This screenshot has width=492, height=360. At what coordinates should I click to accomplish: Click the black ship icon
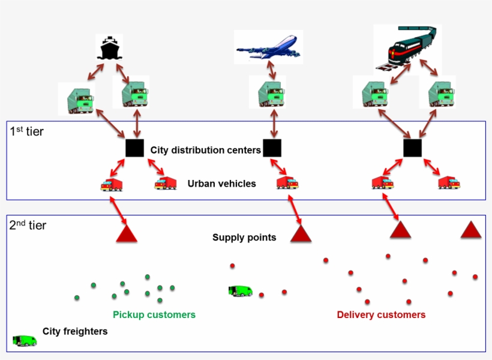pyautogui.click(x=109, y=48)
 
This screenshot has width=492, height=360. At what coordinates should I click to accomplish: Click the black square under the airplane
pyautogui.click(x=272, y=148)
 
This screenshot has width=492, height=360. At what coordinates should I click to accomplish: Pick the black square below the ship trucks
pyautogui.click(x=134, y=148)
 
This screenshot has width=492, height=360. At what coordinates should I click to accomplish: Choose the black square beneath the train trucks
pyautogui.click(x=412, y=148)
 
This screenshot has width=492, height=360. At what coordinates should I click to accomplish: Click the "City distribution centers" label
pyautogui.click(x=205, y=150)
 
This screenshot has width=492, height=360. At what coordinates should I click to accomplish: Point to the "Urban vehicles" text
pyautogui.click(x=221, y=184)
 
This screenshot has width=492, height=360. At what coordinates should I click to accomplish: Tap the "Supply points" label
pyautogui.click(x=244, y=238)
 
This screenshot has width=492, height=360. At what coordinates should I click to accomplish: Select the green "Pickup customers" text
pyautogui.click(x=154, y=314)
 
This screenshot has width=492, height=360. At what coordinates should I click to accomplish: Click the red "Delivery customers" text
pyautogui.click(x=381, y=314)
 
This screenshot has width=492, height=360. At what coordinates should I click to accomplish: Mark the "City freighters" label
pyautogui.click(x=75, y=331)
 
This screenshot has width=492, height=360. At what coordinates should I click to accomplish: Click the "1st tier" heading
pyautogui.click(x=27, y=131)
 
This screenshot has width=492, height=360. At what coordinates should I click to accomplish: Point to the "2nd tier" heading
pyautogui.click(x=28, y=226)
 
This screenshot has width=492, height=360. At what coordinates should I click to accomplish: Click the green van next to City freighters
pyautogui.click(x=25, y=341)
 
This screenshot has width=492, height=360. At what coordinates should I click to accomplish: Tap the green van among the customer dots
pyautogui.click(x=240, y=291)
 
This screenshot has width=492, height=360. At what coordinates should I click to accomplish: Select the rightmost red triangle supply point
pyautogui.click(x=471, y=230)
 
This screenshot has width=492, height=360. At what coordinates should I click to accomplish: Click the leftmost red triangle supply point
pyautogui.click(x=127, y=232)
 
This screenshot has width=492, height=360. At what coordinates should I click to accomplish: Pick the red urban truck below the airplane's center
pyautogui.click(x=287, y=182)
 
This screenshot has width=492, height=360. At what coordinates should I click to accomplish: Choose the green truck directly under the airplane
pyautogui.click(x=271, y=95)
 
